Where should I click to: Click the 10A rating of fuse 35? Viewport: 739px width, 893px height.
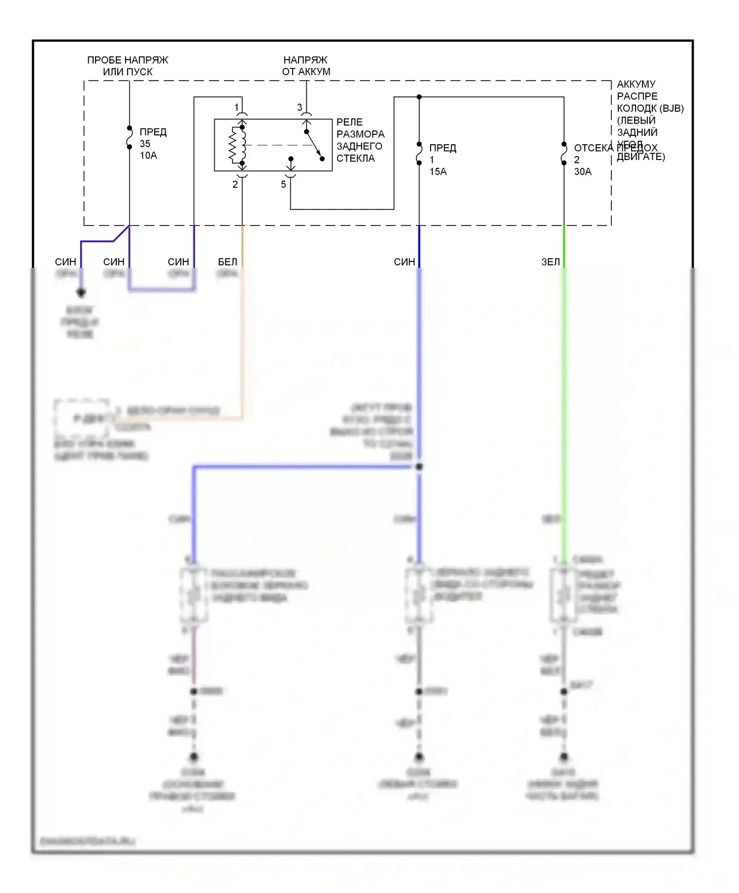(x=148, y=156)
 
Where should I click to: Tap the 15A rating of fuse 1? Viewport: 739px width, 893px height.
(x=438, y=172)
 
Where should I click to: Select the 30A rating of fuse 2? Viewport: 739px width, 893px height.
(x=583, y=172)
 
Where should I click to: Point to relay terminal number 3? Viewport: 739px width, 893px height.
(x=300, y=107)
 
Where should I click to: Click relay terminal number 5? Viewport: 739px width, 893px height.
(x=283, y=185)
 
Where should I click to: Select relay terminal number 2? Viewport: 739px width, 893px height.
(x=235, y=185)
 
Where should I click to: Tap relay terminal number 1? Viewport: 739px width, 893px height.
(x=236, y=107)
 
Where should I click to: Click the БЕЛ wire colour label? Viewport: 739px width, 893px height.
(x=228, y=262)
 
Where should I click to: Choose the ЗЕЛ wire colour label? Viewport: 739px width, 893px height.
(x=551, y=262)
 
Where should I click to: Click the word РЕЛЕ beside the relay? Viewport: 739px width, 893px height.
(x=349, y=122)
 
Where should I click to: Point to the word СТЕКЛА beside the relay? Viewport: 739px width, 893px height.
(x=356, y=159)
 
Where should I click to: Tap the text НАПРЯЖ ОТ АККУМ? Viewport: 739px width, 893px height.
(x=306, y=66)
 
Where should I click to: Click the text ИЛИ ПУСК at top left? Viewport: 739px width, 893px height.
(x=128, y=72)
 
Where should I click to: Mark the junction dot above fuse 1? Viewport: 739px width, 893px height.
(x=419, y=97)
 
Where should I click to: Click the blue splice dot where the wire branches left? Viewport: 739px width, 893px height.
(x=419, y=466)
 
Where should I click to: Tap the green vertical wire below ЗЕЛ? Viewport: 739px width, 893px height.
(x=564, y=394)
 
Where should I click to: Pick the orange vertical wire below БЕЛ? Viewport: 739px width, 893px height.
(x=242, y=345)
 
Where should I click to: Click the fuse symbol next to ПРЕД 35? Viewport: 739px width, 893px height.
(x=130, y=137)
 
